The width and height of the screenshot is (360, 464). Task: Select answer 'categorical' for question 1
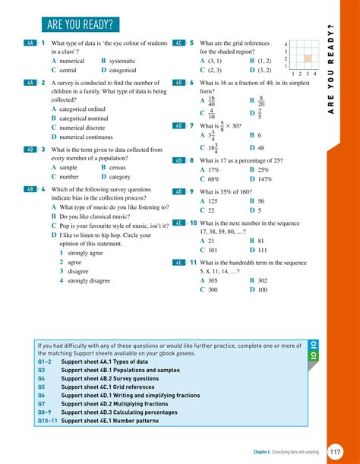click(x=122, y=70)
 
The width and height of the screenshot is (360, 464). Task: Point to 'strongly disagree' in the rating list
click(x=89, y=280)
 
